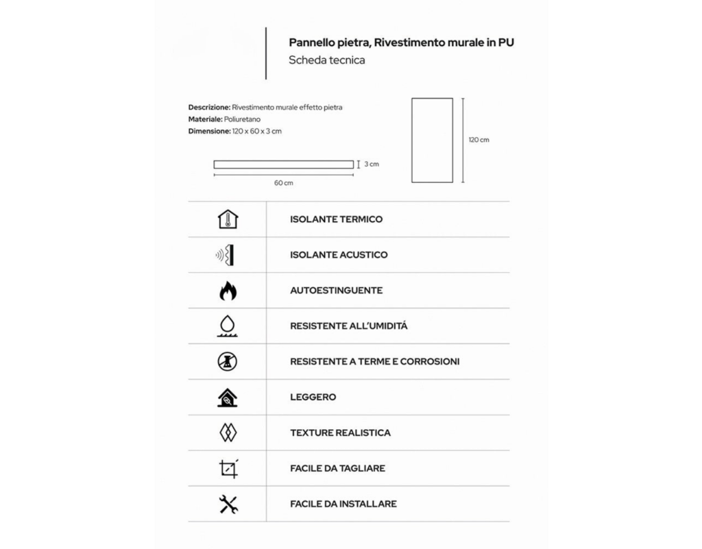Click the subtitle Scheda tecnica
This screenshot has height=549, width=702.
327,60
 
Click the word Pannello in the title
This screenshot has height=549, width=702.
311,42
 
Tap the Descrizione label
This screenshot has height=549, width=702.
209,108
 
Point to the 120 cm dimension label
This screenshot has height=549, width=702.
479,140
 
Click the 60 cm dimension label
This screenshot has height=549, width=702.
283,183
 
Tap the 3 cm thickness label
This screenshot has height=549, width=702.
371,164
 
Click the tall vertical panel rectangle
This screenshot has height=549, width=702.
432,140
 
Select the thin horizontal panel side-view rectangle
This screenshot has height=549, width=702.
283,164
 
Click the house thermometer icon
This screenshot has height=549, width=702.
228,219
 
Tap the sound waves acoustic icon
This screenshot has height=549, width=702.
227,255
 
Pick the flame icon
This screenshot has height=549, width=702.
228,291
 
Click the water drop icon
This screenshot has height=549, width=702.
228,326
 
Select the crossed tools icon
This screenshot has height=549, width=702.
228,504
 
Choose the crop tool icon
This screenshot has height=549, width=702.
228,469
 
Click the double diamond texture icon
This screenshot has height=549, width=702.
228,433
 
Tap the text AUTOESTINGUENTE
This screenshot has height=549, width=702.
336,291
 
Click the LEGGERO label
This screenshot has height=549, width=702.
313,398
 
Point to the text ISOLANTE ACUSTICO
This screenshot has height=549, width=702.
339,255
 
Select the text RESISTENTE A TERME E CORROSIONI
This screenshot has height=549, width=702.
374,362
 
